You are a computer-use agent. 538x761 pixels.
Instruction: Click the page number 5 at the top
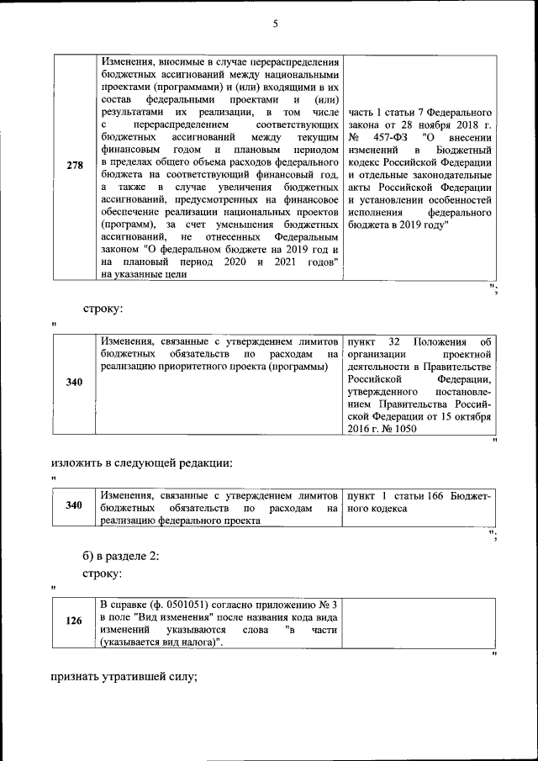point(275,24)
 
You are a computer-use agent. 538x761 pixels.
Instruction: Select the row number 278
point(74,166)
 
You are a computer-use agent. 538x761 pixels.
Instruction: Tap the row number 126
point(74,622)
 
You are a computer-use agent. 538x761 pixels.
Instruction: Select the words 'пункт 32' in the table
point(372,341)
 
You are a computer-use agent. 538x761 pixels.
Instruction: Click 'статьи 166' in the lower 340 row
point(418,496)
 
